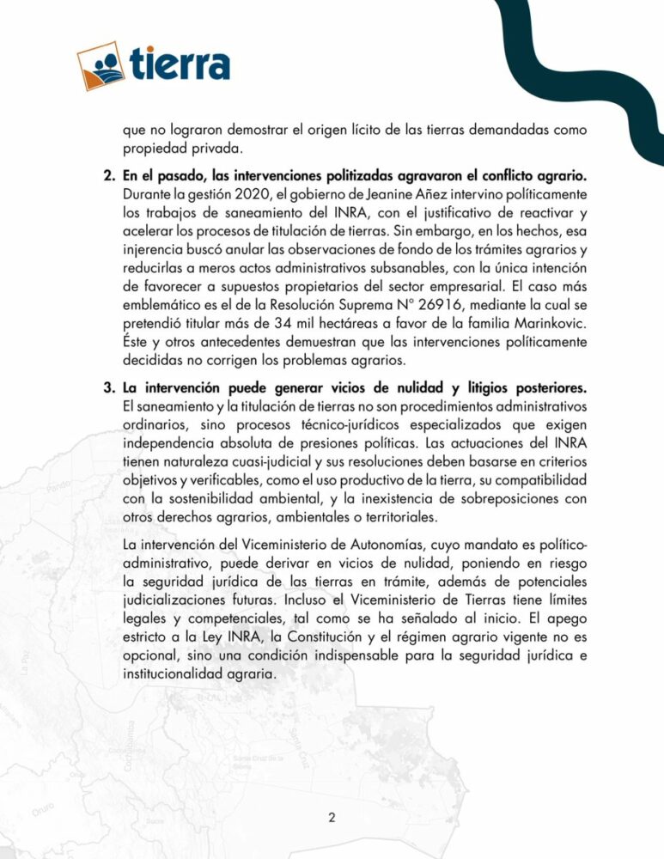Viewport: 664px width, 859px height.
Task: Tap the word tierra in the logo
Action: [181, 64]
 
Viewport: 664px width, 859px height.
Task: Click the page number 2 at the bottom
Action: [332, 818]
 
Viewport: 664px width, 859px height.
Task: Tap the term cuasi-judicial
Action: [250, 460]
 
